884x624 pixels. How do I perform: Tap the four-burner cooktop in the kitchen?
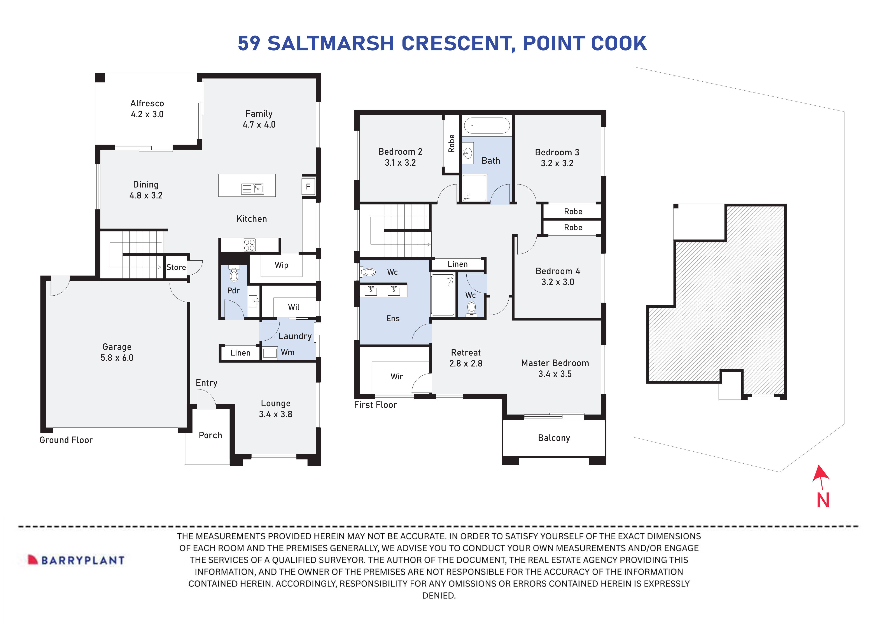click(249, 245)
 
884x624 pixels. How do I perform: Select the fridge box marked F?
click(308, 187)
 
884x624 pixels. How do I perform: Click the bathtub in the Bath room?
click(487, 126)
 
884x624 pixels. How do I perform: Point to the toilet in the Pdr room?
click(234, 274)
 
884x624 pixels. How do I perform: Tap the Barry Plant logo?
click(76, 560)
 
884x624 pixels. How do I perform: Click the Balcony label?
click(554, 438)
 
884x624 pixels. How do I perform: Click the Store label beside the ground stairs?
click(176, 267)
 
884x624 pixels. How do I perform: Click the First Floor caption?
click(375, 405)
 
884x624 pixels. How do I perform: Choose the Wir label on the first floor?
click(397, 377)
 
